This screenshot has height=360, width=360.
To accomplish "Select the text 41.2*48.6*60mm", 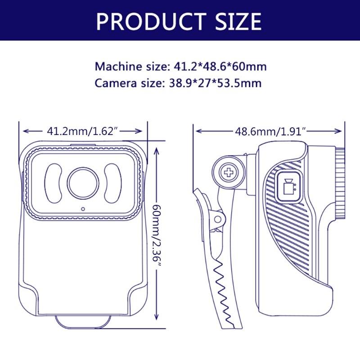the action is tap(220, 67).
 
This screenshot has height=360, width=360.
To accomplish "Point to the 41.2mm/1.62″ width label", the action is tap(82, 131).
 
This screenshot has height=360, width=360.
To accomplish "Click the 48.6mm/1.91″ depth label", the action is tap(270, 131).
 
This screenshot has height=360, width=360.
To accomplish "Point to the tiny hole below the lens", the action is tap(83, 209).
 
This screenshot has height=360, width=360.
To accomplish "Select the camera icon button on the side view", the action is tap(288, 185).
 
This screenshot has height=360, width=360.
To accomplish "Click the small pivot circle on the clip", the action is tap(218, 219).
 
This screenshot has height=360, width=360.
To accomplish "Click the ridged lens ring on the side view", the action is tap(341, 184).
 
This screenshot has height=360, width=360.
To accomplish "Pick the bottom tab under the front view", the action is tap(83, 320).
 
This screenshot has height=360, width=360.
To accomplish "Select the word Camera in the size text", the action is tap(115, 83).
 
